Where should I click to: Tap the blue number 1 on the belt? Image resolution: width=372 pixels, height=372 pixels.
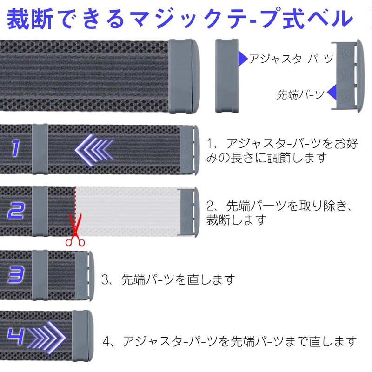click(16, 149)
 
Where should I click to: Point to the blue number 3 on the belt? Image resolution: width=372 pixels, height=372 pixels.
click(15, 274)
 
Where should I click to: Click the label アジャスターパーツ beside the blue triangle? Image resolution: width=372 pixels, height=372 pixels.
click(291, 59)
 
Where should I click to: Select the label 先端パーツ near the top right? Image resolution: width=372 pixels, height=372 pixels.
click(300, 95)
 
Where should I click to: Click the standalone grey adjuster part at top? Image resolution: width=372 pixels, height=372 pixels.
click(227, 75)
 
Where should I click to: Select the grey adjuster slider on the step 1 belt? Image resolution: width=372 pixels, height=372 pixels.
click(40, 149)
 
